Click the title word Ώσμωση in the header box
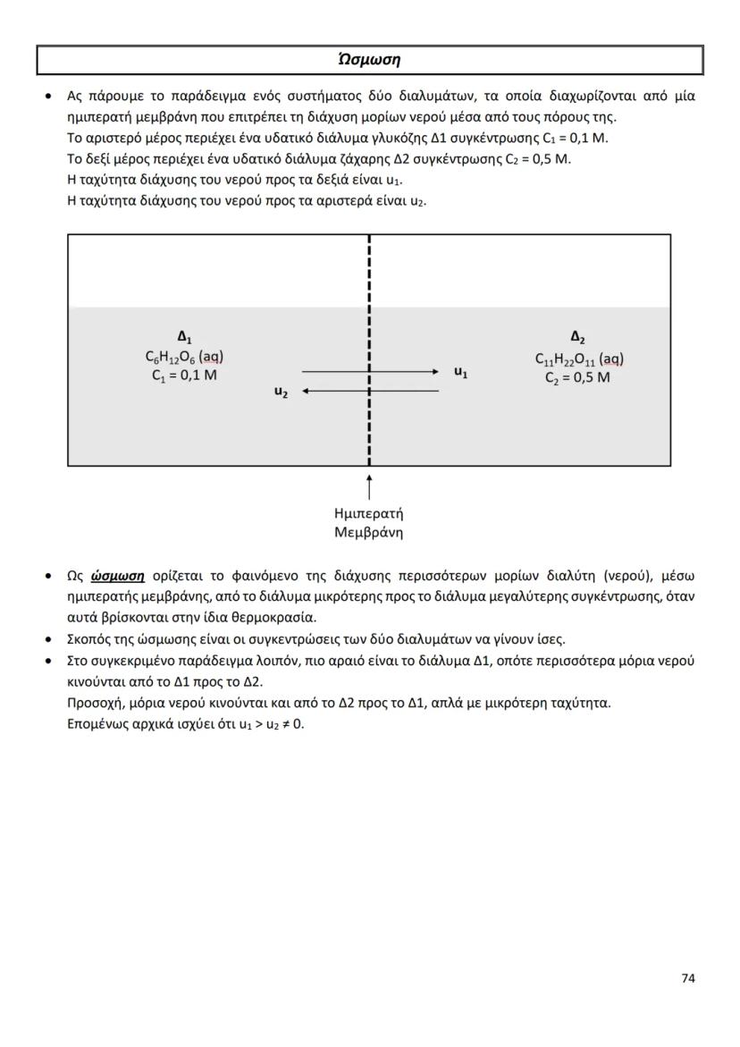click(x=369, y=60)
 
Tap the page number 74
click(x=687, y=978)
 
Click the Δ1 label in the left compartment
click(x=184, y=337)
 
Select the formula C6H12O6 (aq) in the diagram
click(x=184, y=357)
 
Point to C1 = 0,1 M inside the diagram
click(x=184, y=376)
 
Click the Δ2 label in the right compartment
click(x=577, y=337)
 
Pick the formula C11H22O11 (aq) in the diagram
click(x=578, y=359)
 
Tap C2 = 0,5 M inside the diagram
click(x=577, y=377)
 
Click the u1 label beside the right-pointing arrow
click(x=460, y=372)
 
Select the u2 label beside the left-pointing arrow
click(x=281, y=393)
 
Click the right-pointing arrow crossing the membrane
click(x=371, y=371)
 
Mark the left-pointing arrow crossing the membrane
click(x=371, y=391)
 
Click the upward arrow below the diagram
click(x=369, y=487)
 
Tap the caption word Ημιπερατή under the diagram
click(x=368, y=514)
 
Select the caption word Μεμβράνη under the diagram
click(x=368, y=533)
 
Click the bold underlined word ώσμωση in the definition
click(x=118, y=576)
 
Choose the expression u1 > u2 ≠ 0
click(x=272, y=723)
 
